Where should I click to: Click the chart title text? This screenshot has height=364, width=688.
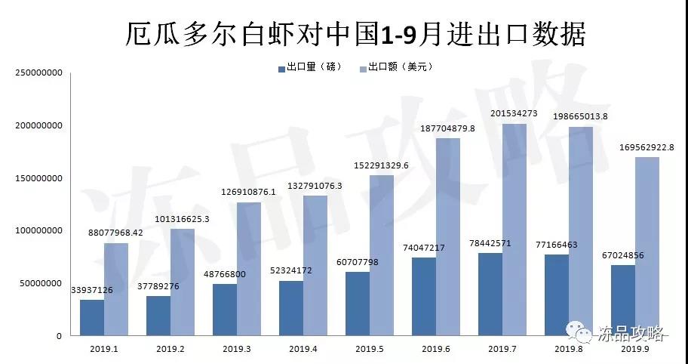click(x=355, y=33)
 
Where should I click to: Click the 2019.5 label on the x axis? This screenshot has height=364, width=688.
click(x=370, y=349)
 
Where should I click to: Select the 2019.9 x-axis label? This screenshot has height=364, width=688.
click(x=635, y=349)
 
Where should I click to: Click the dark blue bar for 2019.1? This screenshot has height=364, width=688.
click(x=92, y=317)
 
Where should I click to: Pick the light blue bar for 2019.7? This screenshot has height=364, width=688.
click(x=514, y=230)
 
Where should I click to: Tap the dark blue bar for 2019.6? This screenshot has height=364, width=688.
click(x=424, y=296)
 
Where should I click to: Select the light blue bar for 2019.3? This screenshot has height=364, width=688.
click(x=249, y=269)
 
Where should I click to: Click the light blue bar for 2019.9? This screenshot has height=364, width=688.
click(x=647, y=246)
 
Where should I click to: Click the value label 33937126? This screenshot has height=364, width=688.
click(x=91, y=289)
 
